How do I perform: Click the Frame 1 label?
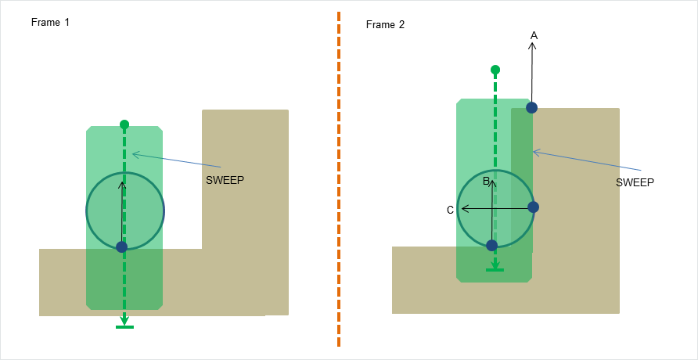pos(50,22)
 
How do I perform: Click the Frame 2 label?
pos(385,25)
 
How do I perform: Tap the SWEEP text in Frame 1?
pos(225,179)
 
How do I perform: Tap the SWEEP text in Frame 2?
pos(635,182)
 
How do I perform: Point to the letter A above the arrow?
pos(534,35)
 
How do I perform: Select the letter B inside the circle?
pos(486,182)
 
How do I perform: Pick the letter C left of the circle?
pos(450,210)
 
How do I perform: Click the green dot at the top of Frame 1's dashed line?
pos(124,124)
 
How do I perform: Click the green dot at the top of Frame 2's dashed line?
pos(495,70)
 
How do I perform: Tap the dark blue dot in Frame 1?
pos(121,247)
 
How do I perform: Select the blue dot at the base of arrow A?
pos(531,107)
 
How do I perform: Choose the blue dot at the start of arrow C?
pos(533,207)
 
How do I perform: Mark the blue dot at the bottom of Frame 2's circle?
pos(491,245)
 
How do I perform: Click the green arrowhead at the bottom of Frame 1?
pos(124,321)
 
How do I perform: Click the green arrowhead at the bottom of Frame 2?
pos(495,265)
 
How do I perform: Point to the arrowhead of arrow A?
pos(533,46)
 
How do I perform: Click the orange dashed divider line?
pos(339,180)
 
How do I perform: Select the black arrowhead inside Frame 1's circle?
pos(122,185)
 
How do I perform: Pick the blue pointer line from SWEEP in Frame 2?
pos(587,160)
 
